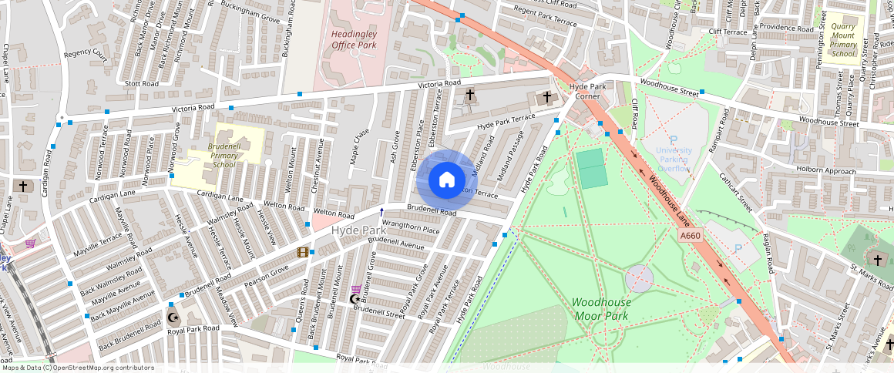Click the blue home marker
[x=446, y=180]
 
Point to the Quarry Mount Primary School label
[x=844, y=39]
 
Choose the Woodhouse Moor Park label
[x=600, y=309]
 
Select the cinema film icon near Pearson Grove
[x=304, y=252]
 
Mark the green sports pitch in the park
[x=592, y=169]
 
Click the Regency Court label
[x=86, y=54]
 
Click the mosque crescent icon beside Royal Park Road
[x=172, y=317]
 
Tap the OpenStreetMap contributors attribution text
[x=77, y=368]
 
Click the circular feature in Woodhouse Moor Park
[x=638, y=277]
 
